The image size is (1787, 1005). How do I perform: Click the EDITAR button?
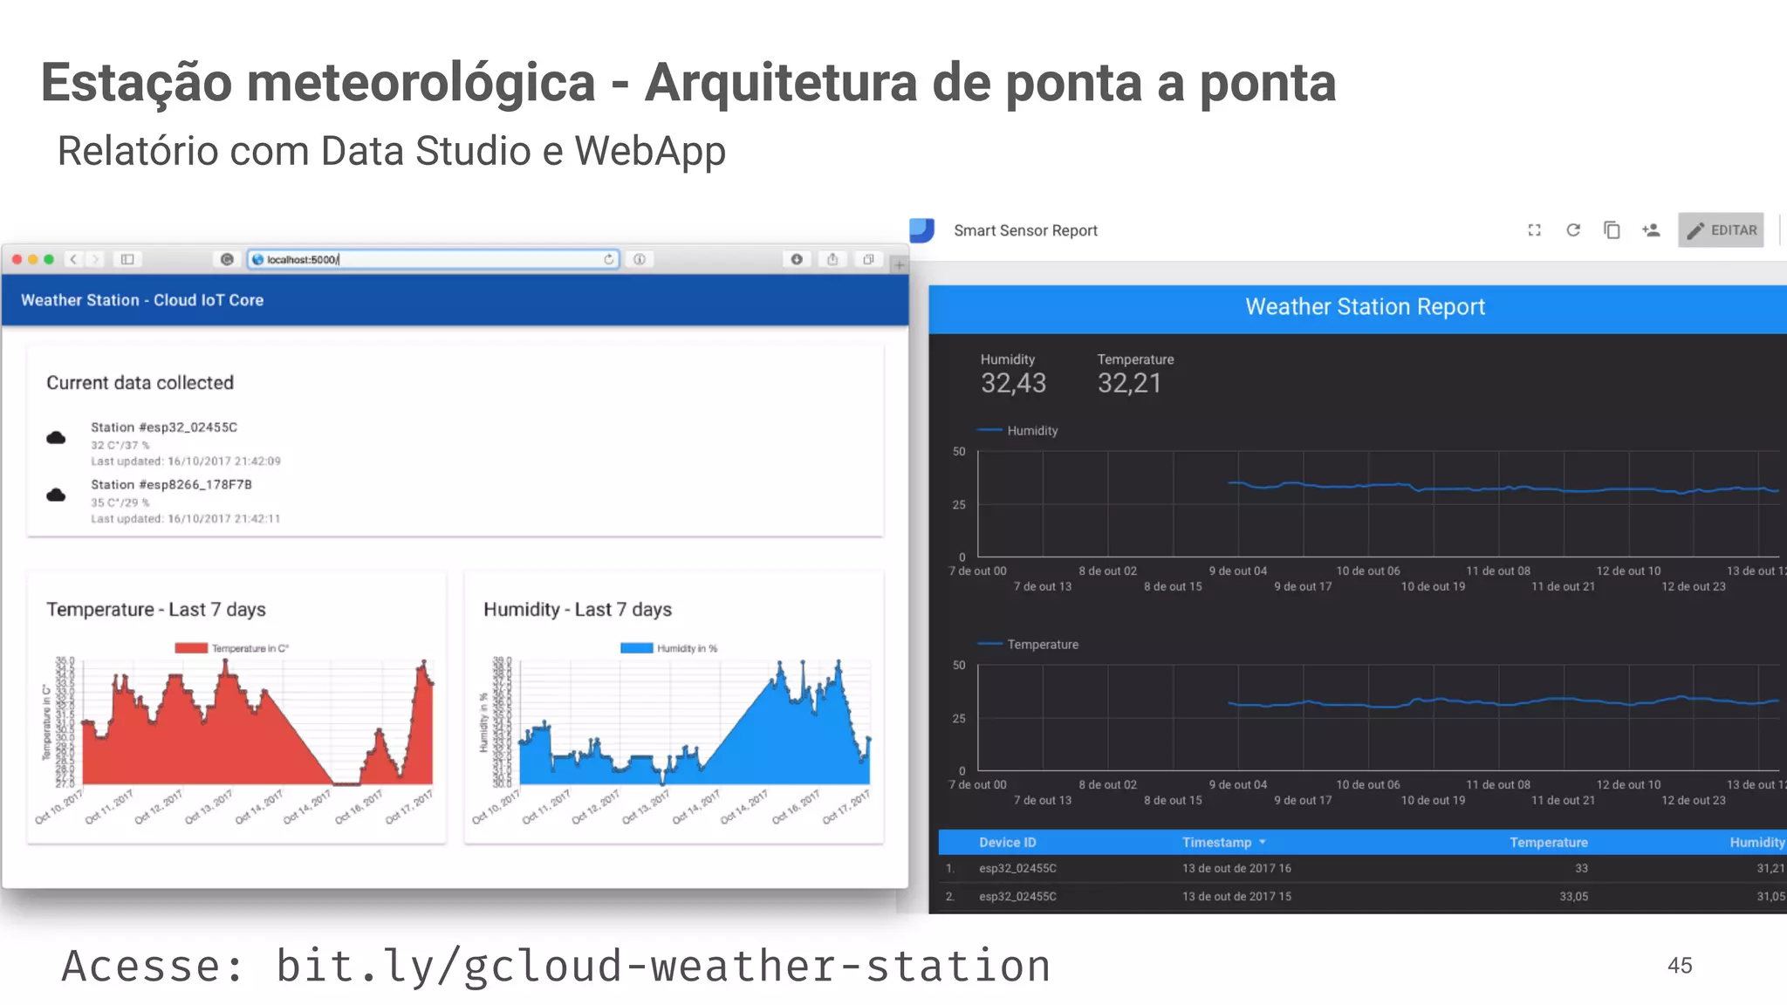1721,230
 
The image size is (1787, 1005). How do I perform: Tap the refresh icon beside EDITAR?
1573,230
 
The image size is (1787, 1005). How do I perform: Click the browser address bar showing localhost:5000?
432,259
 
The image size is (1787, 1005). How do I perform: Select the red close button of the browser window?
17,259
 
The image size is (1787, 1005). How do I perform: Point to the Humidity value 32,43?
1013,383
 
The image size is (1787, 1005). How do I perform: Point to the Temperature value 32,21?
1129,383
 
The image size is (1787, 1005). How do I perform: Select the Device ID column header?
1007,842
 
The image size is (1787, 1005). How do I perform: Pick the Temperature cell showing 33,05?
1573,896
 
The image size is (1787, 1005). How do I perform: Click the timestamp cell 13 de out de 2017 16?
1236,868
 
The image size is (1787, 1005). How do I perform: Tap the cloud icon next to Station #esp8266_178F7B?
56,495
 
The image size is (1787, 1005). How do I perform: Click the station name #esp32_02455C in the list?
164,427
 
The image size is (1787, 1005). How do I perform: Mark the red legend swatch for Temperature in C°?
191,648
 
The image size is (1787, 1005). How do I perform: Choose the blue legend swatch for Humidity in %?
636,648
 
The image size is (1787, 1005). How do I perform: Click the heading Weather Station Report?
1365,307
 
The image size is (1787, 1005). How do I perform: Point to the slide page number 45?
1679,966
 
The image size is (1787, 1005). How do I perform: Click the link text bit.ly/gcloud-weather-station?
663,967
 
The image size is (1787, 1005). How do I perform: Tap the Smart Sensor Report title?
1025,230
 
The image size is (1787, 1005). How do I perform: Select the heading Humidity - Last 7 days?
578,610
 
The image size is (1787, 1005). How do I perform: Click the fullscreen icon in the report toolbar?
1534,230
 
